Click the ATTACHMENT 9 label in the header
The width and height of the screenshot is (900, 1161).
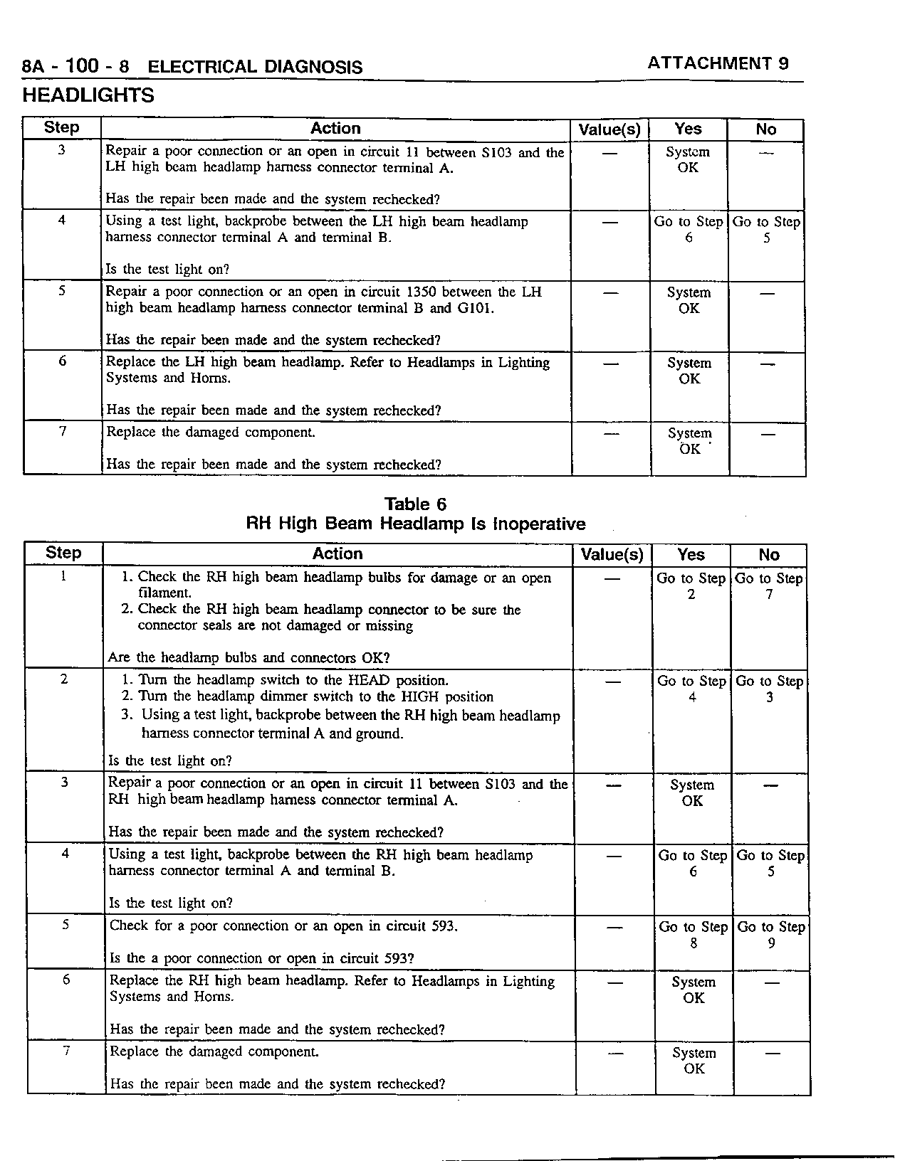click(718, 63)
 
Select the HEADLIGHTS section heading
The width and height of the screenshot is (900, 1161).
click(88, 95)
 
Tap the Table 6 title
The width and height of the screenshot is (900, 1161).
click(415, 504)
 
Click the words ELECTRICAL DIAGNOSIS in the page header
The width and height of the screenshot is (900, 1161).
click(255, 68)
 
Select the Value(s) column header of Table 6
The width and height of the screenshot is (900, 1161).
click(612, 555)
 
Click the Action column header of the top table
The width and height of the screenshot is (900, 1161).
click(335, 129)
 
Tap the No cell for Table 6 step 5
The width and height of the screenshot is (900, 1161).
click(771, 935)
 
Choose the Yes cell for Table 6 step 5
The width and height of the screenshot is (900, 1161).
click(693, 935)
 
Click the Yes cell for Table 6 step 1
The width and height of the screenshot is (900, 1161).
click(691, 586)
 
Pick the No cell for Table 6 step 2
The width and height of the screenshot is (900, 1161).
click(769, 689)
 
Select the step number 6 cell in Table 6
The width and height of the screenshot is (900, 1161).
click(66, 980)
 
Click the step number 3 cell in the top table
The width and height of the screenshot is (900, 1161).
click(62, 150)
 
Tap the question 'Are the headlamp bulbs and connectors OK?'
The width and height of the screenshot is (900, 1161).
click(248, 657)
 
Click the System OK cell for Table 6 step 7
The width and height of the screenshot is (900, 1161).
click(694, 1061)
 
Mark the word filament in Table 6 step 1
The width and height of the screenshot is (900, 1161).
click(164, 593)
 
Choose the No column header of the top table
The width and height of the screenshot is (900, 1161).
click(765, 129)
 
